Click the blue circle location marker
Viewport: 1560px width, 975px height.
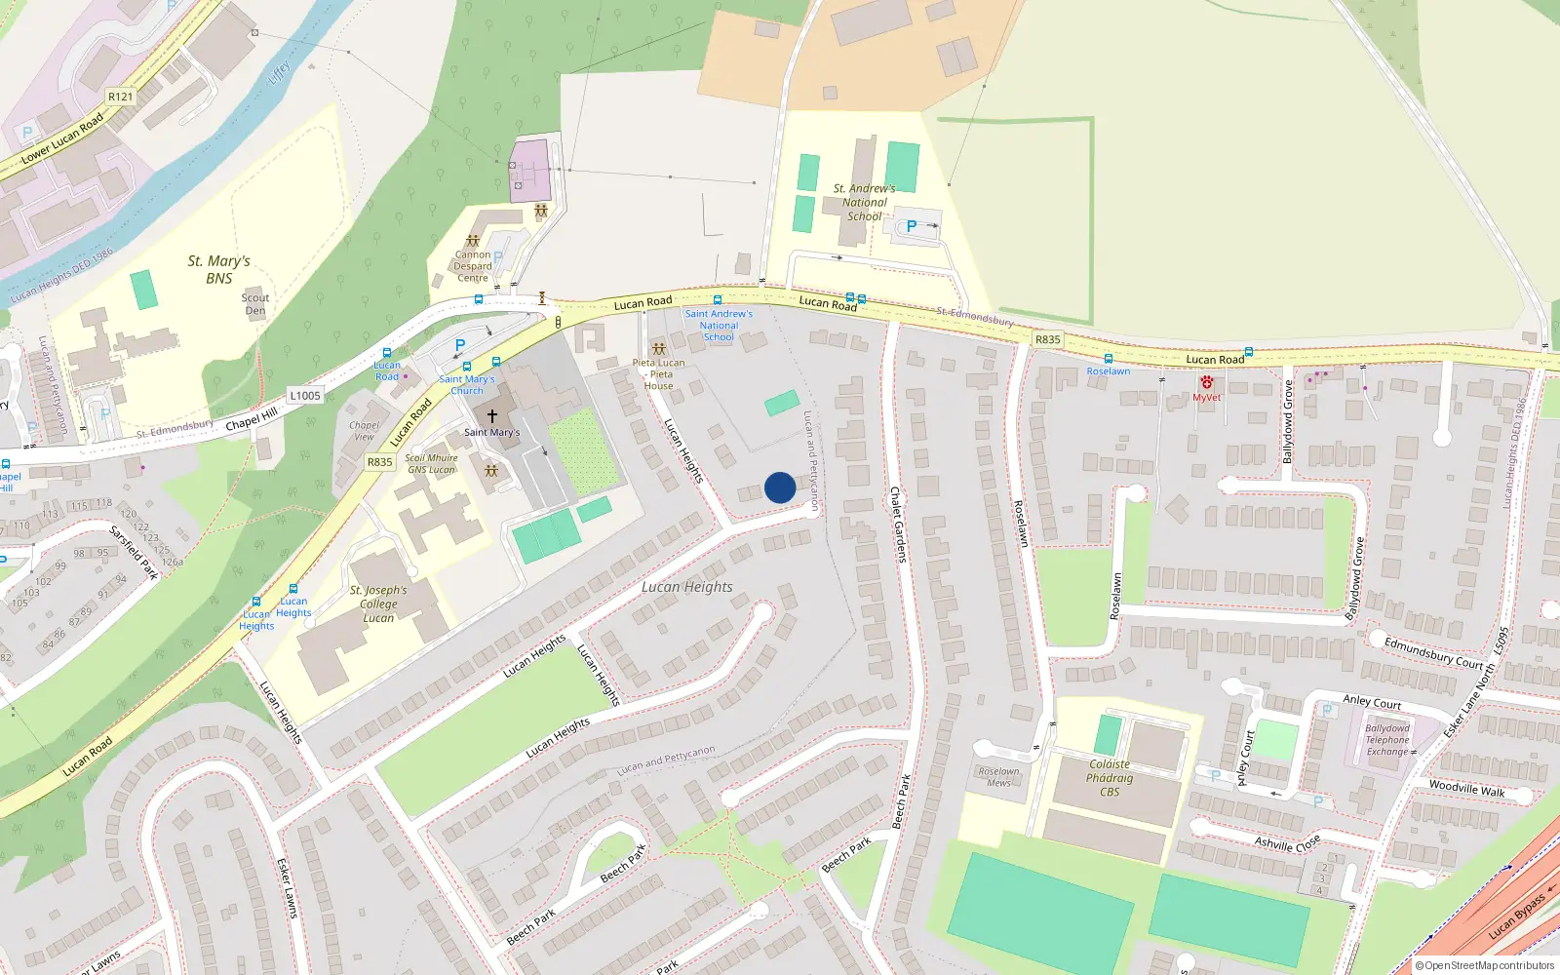(x=780, y=487)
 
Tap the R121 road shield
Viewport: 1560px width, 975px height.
(x=120, y=97)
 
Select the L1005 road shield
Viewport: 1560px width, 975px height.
(x=305, y=395)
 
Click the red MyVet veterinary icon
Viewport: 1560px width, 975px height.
(x=1207, y=383)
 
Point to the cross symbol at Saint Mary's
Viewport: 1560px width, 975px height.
(x=492, y=416)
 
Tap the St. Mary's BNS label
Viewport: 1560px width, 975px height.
(x=219, y=269)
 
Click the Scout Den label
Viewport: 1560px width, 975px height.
(x=255, y=304)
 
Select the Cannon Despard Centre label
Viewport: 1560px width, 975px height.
(x=473, y=266)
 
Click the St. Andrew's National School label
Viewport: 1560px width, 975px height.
(x=864, y=203)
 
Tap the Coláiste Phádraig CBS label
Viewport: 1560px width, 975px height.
(x=1110, y=778)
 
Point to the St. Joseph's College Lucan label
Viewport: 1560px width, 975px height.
(x=378, y=604)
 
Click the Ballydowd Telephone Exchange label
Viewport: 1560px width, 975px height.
(x=1387, y=740)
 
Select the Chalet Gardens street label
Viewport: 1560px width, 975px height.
(x=898, y=525)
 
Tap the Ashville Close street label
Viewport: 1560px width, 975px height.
(x=1287, y=842)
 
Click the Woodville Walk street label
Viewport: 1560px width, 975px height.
(x=1466, y=788)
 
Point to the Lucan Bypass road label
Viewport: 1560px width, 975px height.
(x=1517, y=916)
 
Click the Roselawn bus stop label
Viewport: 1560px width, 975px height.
(x=1109, y=371)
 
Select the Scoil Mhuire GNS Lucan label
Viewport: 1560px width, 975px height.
(x=432, y=463)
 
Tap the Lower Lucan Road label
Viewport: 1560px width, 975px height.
(x=62, y=138)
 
